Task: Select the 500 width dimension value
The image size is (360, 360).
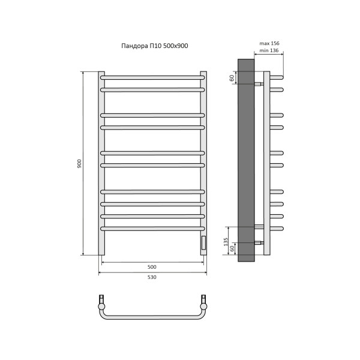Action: (152, 266)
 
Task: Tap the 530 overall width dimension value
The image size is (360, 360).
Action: (152, 277)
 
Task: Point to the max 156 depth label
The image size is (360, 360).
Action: (269, 44)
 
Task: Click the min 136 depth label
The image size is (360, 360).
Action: (269, 51)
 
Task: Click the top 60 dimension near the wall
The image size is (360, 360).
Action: (231, 78)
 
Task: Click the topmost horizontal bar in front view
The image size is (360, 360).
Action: (153, 77)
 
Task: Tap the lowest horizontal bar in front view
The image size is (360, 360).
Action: (153, 229)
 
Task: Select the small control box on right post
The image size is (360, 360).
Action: (203, 243)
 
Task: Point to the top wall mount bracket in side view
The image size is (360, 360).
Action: (259, 83)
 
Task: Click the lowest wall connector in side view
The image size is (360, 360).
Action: (259, 243)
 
